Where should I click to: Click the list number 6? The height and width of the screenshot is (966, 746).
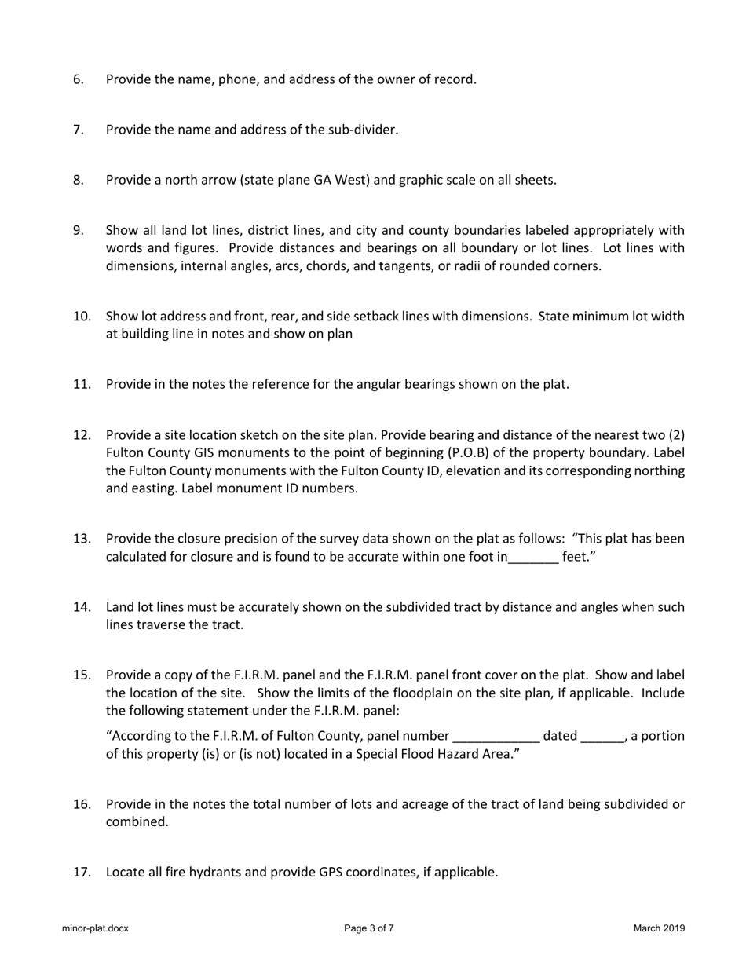click(78, 79)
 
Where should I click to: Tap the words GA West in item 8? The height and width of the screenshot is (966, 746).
click(339, 180)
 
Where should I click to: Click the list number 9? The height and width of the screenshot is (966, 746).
click(78, 230)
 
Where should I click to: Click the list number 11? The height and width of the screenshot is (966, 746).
click(82, 384)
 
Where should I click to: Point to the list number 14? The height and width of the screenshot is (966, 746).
click(82, 607)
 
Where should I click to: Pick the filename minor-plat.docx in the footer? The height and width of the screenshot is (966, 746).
click(95, 928)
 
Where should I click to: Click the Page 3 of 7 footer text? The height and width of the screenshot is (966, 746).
click(369, 928)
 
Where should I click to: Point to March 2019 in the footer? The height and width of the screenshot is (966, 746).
click(659, 928)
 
